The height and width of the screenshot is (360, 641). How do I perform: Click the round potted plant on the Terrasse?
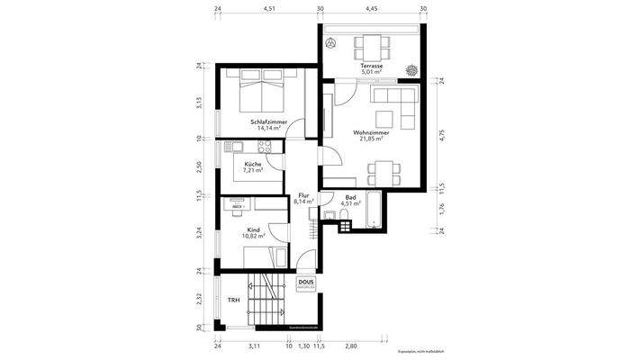pyautogui.click(x=413, y=67)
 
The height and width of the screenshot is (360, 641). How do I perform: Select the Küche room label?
pyautogui.click(x=253, y=164)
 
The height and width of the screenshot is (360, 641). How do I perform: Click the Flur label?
pyautogui.click(x=303, y=195)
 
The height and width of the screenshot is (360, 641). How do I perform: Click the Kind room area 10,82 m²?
pyautogui.click(x=254, y=237)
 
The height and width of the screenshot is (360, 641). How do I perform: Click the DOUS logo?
pyautogui.click(x=306, y=283)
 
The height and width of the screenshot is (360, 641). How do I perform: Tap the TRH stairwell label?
pyautogui.click(x=232, y=300)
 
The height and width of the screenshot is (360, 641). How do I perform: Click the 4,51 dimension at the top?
pyautogui.click(x=268, y=8)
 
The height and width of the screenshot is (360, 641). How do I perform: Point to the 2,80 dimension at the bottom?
pyautogui.click(x=350, y=346)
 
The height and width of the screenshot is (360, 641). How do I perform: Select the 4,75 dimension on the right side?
pyautogui.click(x=441, y=137)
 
